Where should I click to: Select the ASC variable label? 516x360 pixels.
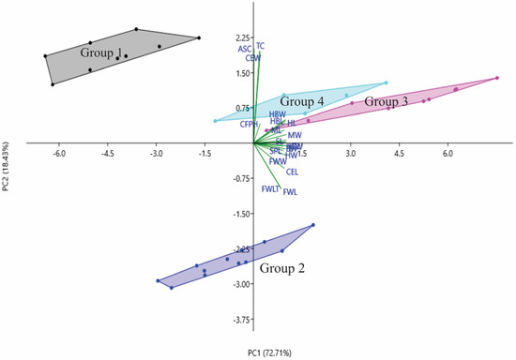[x=244, y=49]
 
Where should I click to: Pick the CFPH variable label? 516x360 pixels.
[x=248, y=124]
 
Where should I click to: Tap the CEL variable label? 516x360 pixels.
[x=292, y=172]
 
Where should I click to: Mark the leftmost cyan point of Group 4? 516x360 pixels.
[x=216, y=120]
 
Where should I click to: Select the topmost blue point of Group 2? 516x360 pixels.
[x=313, y=225]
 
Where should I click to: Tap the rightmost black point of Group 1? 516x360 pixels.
[x=199, y=38]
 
